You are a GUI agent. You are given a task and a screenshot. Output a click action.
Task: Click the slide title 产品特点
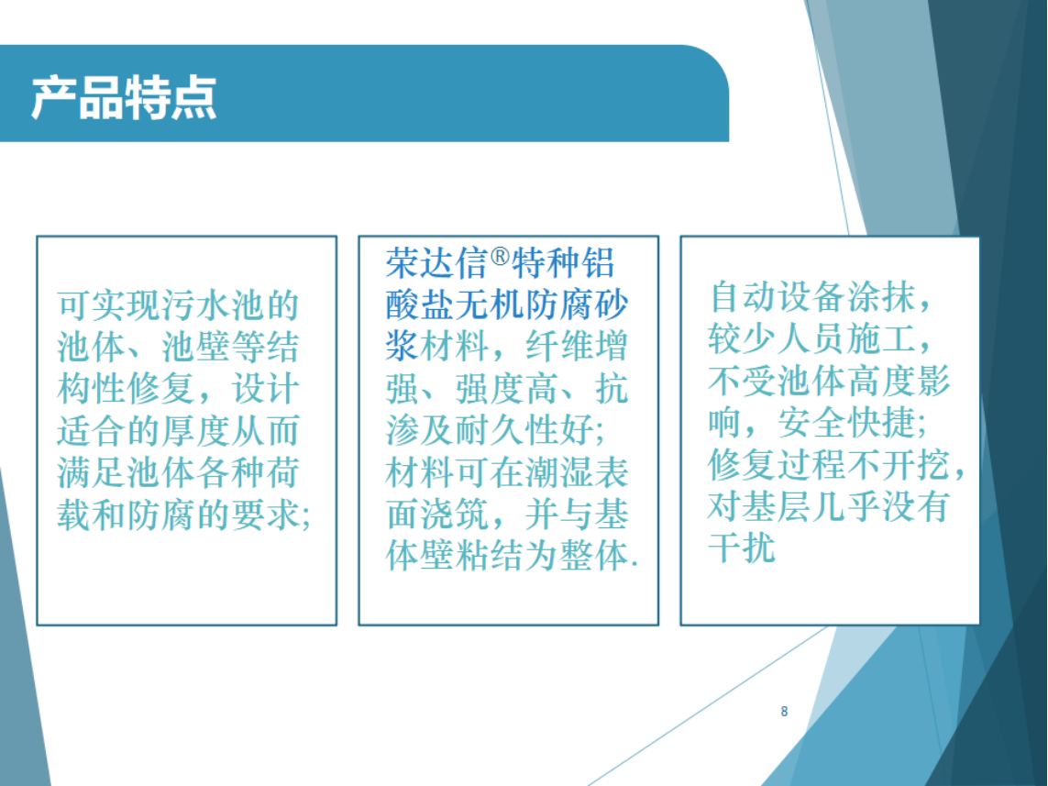124,97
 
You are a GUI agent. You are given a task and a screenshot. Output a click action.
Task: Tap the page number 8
784,711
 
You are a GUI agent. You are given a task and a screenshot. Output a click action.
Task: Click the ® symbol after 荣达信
500,256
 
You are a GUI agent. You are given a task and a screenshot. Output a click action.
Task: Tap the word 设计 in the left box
265,389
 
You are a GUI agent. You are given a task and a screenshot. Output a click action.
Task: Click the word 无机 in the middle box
490,305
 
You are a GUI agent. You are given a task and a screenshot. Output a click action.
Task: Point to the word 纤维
559,347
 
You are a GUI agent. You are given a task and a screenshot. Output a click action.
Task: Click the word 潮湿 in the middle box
559,472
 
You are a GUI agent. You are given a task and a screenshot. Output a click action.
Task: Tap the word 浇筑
455,515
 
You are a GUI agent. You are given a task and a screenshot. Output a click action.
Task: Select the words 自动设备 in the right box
778,297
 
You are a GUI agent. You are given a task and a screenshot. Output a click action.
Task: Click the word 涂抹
881,297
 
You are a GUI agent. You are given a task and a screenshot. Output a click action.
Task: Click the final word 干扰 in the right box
742,548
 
